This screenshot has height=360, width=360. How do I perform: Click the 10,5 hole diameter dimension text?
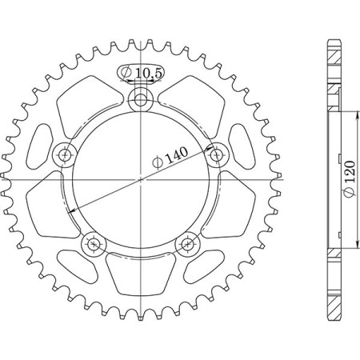pyautogui.click(x=148, y=73)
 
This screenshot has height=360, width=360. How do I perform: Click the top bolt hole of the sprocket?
pyautogui.click(x=142, y=99)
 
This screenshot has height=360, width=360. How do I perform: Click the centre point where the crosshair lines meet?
pyautogui.click(x=142, y=180)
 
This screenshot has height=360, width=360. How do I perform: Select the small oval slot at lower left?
pyautogui.click(x=78, y=264)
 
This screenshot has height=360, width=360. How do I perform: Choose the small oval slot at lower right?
pyautogui.click(x=205, y=264)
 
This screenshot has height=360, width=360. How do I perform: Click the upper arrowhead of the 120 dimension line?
pyautogui.click(x=346, y=114)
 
